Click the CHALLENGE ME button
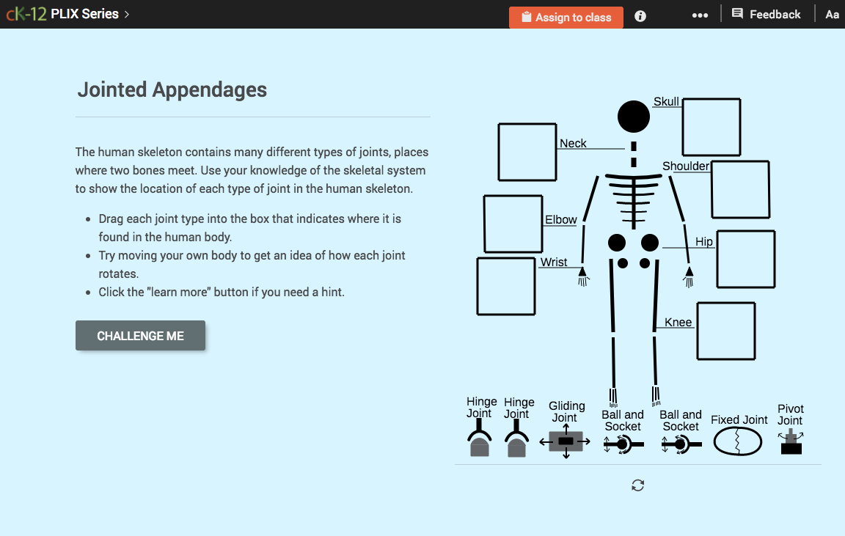pos(140,336)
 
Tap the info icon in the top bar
pos(640,16)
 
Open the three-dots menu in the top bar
pos(700,15)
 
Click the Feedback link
pos(766,15)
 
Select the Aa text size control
pos(832,15)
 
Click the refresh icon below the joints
pos(638,485)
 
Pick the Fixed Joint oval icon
pos(738,442)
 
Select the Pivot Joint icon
pos(791,442)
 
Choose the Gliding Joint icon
pos(566,441)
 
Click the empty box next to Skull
pos(711,127)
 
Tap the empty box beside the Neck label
pos(527,153)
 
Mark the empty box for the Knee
pos(725,331)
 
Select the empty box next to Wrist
pos(506,286)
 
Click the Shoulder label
pos(686,166)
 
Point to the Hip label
pos(703,242)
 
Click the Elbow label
pos(560,220)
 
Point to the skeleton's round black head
pos(634,117)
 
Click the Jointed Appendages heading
pos(172,89)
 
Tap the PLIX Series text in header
pos(84,14)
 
